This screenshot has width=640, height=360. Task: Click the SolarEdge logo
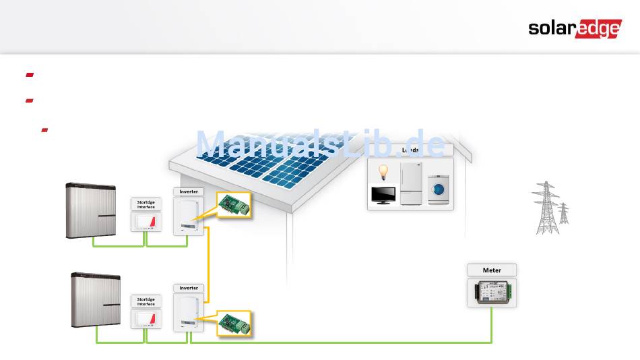click(x=573, y=28)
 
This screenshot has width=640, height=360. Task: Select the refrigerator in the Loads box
click(x=410, y=183)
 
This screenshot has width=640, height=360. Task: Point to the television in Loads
click(x=384, y=196)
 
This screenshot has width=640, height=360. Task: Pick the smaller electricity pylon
click(x=563, y=213)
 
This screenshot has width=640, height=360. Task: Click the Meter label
click(x=492, y=270)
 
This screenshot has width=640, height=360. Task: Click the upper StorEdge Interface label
click(x=146, y=204)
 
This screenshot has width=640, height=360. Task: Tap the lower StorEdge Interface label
click(x=146, y=301)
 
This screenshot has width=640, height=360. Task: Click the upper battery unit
click(x=94, y=210)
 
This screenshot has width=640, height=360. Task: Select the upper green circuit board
click(x=234, y=205)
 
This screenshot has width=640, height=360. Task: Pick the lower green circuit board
click(x=234, y=323)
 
